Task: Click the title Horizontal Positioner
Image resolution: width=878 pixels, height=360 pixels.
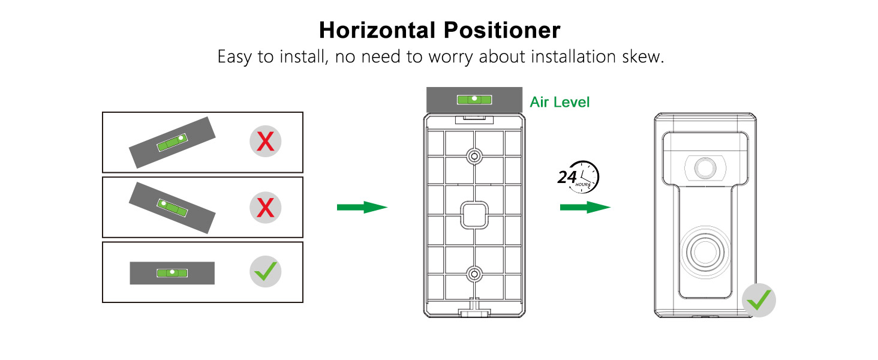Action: [439, 30]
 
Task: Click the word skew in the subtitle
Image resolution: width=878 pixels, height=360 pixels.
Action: [642, 58]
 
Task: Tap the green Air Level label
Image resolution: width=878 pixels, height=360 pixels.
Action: [560, 102]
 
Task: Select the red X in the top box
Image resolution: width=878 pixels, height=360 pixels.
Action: [265, 142]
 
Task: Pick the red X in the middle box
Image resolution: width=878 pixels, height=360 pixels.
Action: [265, 208]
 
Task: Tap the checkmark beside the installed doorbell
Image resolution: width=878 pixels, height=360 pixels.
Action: [759, 300]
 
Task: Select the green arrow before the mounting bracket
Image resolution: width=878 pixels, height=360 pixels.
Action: [362, 208]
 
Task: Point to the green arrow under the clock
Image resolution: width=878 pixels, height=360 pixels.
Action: [585, 208]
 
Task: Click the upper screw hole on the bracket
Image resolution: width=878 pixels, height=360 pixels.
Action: [474, 157]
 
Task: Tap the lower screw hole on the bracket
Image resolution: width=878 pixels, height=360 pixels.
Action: [474, 275]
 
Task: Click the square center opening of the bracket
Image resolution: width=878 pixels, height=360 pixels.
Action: [474, 214]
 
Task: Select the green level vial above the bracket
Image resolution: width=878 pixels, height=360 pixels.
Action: [473, 100]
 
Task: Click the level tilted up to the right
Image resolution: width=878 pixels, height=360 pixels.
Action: [172, 143]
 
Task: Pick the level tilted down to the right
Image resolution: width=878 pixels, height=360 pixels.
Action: [172, 208]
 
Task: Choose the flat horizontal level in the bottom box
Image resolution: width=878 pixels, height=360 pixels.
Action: [172, 273]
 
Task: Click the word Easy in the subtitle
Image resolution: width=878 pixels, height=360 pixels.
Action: [235, 58]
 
